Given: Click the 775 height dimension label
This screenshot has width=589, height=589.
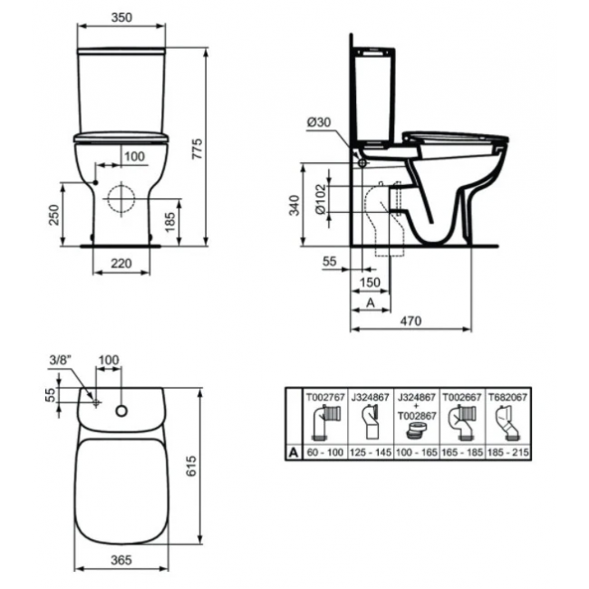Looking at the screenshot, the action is (x=198, y=149).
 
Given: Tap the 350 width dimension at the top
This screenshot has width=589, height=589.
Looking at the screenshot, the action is (x=121, y=17).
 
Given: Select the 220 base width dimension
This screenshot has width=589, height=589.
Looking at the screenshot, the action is (x=121, y=264).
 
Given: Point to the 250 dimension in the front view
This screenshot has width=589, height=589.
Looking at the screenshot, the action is (x=54, y=215).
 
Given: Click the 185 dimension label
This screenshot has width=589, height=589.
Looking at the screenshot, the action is (x=170, y=222).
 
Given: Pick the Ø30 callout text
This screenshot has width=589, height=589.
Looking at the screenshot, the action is (x=319, y=121).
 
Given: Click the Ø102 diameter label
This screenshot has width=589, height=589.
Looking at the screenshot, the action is (x=321, y=198).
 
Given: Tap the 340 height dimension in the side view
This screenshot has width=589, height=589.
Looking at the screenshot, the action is (x=294, y=205).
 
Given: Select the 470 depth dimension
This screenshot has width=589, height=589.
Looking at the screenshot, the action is (x=410, y=321).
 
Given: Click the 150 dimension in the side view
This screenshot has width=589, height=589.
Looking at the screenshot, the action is (x=370, y=282).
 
